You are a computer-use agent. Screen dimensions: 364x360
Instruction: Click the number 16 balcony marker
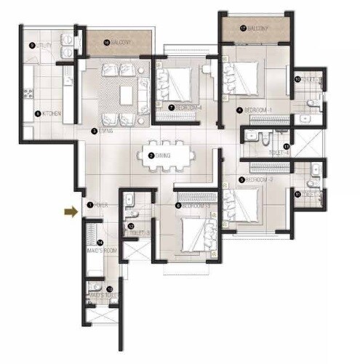click(106, 43)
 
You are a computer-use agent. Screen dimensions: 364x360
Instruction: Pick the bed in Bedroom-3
click(191, 234)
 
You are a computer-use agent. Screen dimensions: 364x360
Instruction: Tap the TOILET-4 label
click(280, 153)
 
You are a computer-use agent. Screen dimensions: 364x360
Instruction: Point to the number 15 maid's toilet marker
click(109, 289)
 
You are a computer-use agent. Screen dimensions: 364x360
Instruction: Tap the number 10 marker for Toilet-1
click(298, 79)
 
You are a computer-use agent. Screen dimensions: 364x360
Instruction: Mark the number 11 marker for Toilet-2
click(298, 193)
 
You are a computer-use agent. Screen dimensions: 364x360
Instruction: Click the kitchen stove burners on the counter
click(31, 92)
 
